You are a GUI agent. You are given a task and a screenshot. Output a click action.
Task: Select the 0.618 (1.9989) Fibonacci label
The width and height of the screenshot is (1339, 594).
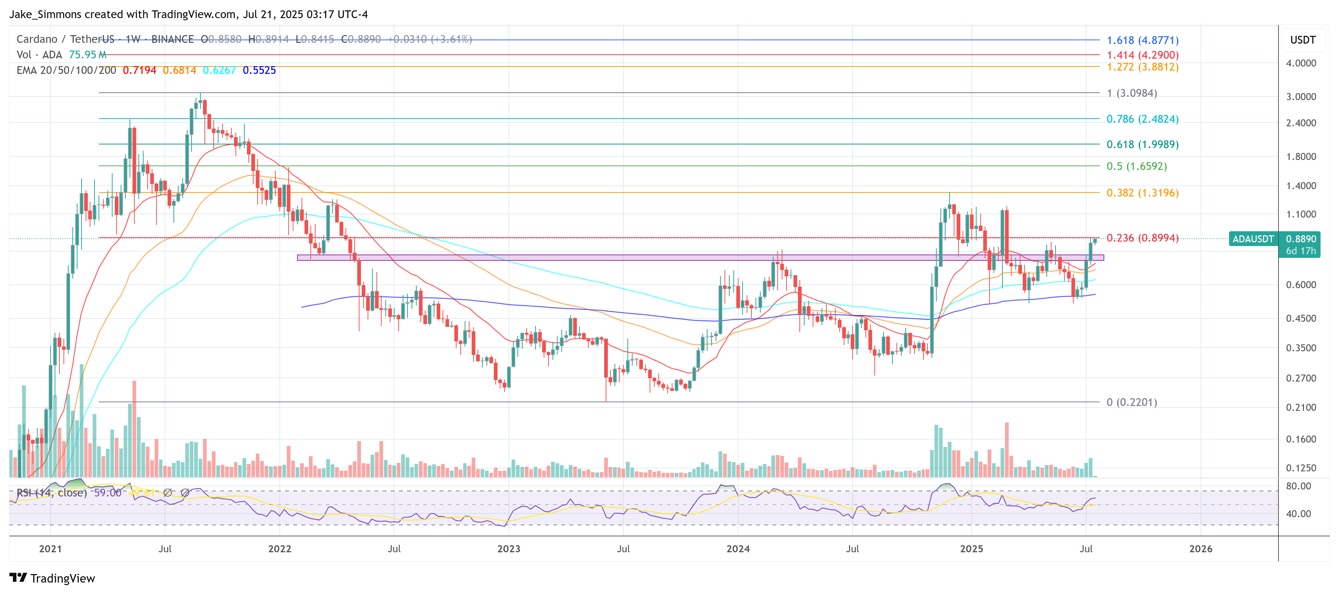pos(1142,144)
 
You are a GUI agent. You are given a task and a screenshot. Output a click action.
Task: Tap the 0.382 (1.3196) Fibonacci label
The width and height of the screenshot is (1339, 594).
pos(1142,192)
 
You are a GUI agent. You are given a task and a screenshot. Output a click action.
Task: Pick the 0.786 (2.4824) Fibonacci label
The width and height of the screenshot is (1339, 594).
pos(1142,119)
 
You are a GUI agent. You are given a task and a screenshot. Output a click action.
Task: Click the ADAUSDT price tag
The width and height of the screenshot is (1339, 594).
pos(1253,239)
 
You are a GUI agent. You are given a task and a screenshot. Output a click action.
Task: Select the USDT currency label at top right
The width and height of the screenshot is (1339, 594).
pos(1302,40)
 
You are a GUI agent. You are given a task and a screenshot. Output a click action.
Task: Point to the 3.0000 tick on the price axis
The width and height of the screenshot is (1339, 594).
pos(1301,97)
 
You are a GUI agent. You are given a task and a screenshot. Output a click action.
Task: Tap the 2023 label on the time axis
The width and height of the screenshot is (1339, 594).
pos(508,549)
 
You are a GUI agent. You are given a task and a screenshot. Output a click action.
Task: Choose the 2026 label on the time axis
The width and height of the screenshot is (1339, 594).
pos(1200,549)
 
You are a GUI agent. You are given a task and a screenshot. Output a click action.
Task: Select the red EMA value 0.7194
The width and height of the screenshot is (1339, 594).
pos(139,70)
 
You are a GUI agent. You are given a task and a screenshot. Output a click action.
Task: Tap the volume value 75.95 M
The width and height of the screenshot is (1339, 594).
pos(87,55)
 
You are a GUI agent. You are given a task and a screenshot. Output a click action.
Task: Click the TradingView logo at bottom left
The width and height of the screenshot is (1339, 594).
pos(52,578)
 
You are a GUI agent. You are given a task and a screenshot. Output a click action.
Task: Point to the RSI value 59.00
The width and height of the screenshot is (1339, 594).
pos(107,492)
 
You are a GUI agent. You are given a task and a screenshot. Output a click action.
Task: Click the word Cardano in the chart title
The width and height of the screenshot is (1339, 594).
pos(37,39)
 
